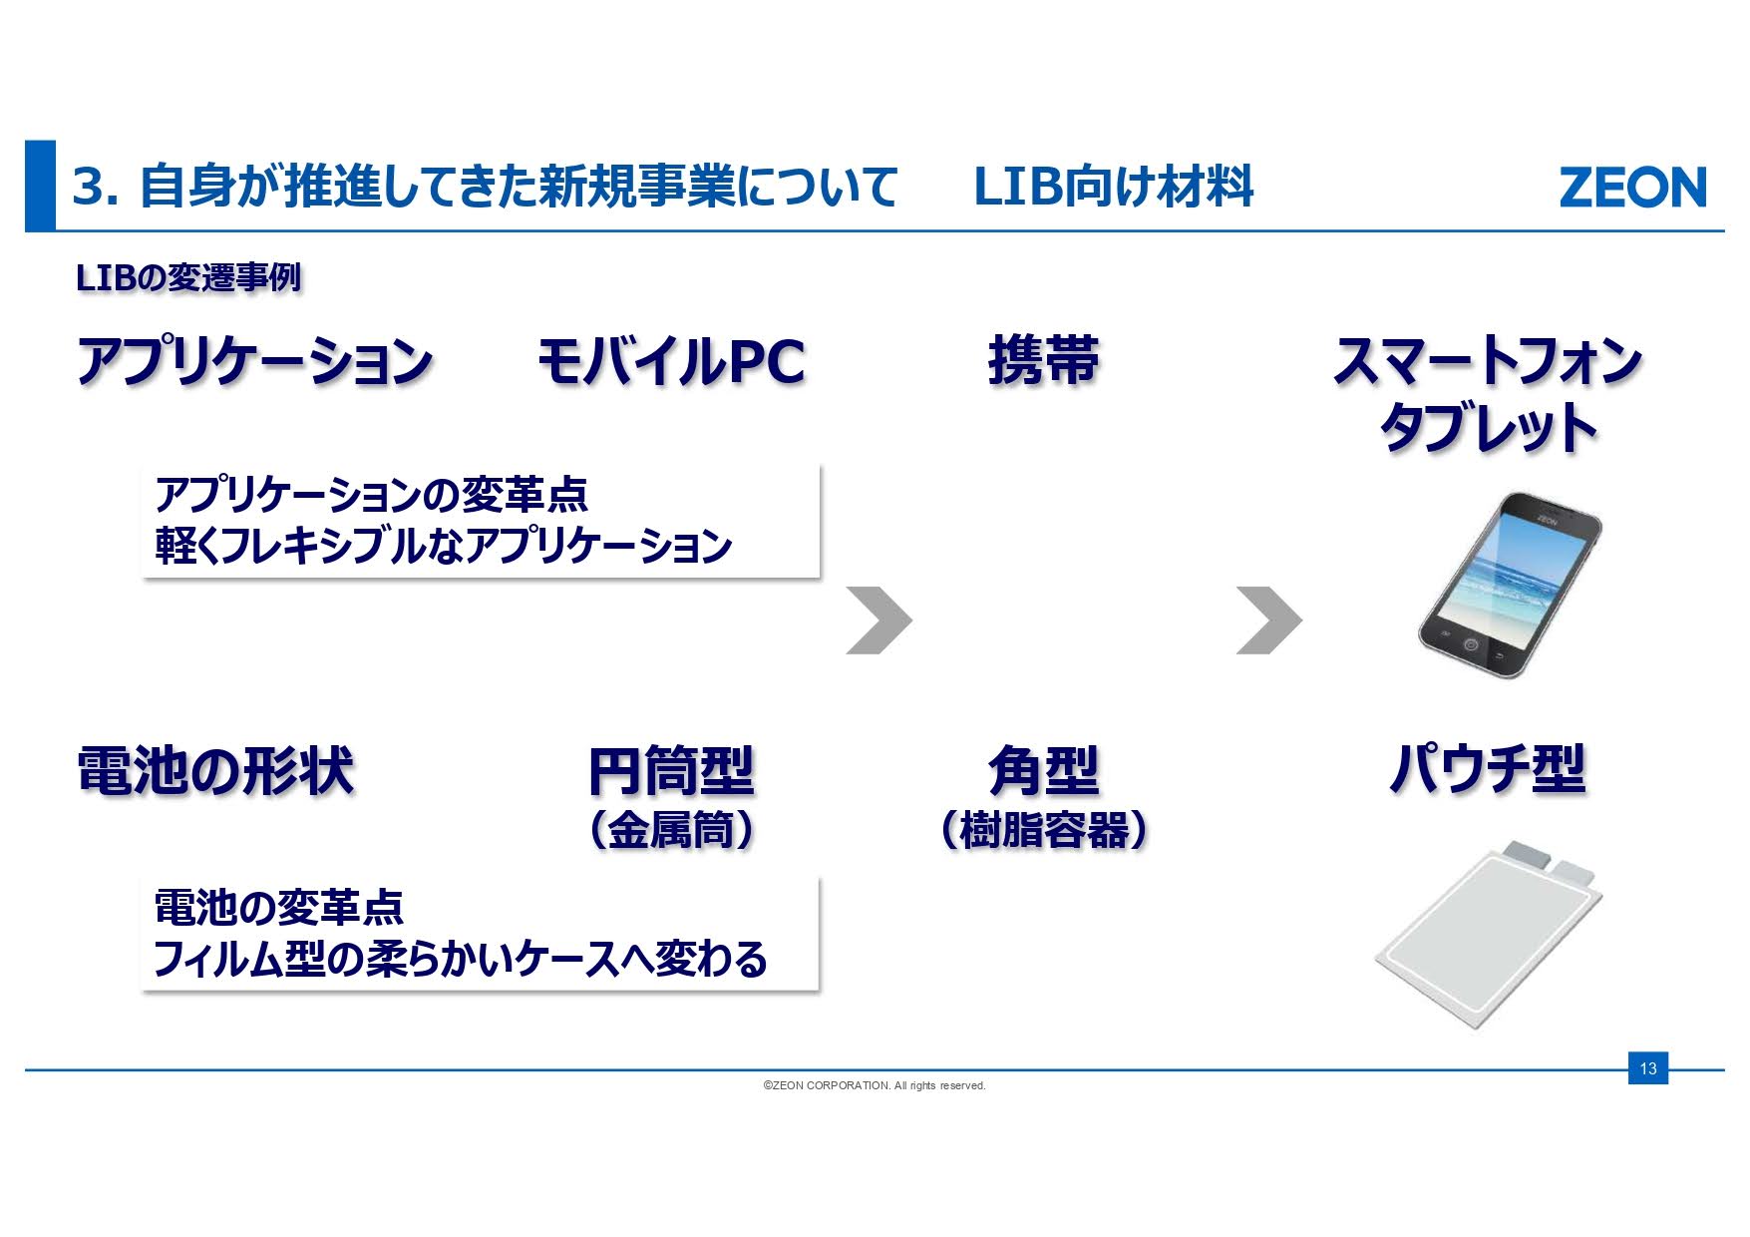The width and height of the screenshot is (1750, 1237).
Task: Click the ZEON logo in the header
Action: coord(1631,188)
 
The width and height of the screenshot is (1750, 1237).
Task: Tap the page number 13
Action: coord(1647,1068)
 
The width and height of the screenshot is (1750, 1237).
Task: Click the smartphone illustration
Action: coord(1510,586)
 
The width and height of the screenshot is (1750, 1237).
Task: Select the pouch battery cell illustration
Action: coord(1488,933)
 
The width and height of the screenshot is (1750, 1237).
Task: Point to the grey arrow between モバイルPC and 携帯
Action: coord(878,620)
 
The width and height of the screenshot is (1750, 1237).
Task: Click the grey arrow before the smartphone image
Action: coord(1268,620)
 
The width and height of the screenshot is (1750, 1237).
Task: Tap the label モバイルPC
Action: coord(671,361)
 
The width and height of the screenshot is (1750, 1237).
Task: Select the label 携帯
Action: coord(1043,360)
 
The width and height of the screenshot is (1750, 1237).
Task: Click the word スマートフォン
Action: coord(1487,361)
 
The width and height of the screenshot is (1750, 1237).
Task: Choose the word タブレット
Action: coord(1488,428)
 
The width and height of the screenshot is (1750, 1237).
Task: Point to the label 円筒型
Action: coord(671,771)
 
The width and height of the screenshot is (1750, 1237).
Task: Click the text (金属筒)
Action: coord(671,830)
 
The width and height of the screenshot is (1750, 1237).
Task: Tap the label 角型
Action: coord(1043,771)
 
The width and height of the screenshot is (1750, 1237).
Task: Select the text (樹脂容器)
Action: coord(1043,830)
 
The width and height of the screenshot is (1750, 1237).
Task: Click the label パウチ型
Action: coord(1487,769)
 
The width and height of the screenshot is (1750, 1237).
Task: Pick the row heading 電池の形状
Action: coord(215,771)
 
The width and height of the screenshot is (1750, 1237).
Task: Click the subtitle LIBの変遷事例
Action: coord(188,277)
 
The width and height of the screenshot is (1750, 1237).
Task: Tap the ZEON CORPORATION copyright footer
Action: coord(874,1085)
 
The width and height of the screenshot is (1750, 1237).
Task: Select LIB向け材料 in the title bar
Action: coord(1113,188)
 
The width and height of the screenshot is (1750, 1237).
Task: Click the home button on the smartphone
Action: coord(1470,644)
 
